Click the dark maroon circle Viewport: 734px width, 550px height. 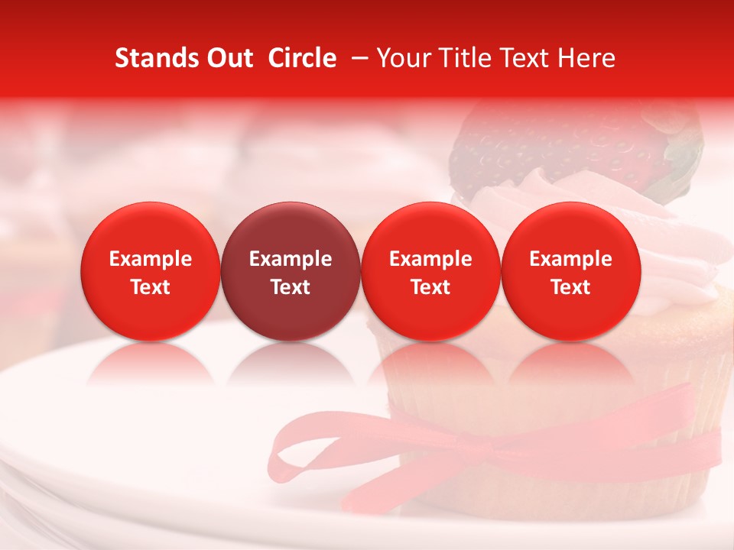coord(291,271)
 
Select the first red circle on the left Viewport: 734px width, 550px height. coord(151,271)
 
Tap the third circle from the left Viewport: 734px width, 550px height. coord(430,271)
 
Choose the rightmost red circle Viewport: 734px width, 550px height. coord(571,271)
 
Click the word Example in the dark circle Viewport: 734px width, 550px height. coord(291,259)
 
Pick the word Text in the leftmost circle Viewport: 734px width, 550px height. coord(151,287)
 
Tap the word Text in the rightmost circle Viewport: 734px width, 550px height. coord(571,287)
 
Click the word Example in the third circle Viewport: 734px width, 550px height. coord(430,259)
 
